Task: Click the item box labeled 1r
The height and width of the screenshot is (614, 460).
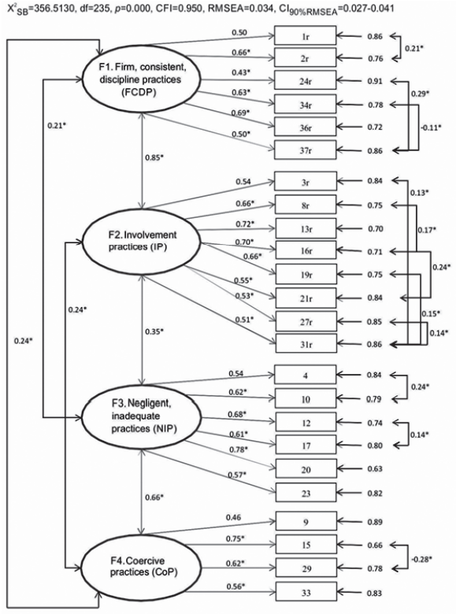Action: pos(304,37)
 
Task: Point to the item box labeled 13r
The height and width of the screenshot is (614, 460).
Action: pos(304,229)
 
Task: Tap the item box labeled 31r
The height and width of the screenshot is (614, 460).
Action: pos(304,344)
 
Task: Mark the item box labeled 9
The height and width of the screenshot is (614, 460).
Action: pos(304,520)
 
